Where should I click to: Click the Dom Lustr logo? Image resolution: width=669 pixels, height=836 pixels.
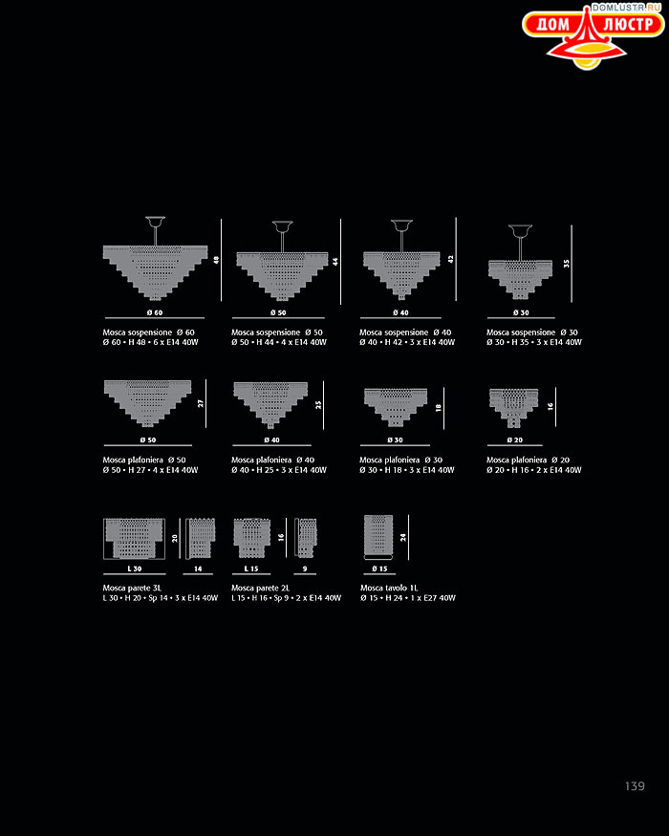pyautogui.click(x=593, y=36)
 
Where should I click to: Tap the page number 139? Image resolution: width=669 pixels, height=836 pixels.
pyautogui.click(x=635, y=786)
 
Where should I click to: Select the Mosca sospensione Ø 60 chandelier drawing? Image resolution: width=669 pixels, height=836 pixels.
pyautogui.click(x=155, y=258)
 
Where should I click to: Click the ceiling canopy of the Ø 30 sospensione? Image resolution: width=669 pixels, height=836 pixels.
pyautogui.click(x=520, y=231)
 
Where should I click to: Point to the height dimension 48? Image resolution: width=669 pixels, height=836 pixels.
pyautogui.click(x=216, y=260)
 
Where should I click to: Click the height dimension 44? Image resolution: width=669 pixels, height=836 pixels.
pyautogui.click(x=335, y=261)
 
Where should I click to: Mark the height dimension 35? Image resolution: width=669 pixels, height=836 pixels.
pyautogui.click(x=566, y=264)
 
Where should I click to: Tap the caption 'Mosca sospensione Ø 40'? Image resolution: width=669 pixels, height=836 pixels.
pyautogui.click(x=405, y=332)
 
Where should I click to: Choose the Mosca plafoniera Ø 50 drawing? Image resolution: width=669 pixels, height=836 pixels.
pyautogui.click(x=148, y=403)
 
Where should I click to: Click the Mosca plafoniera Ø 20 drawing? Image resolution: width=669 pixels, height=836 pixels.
pyautogui.click(x=514, y=408)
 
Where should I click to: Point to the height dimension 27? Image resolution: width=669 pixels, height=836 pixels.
pyautogui.click(x=201, y=403)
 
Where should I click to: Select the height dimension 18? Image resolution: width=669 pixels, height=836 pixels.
pyautogui.click(x=438, y=407)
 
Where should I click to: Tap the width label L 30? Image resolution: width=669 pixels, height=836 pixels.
pyautogui.click(x=135, y=568)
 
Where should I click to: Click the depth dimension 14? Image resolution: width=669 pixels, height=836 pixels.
pyautogui.click(x=198, y=568)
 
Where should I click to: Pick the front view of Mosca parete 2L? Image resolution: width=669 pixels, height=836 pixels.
pyautogui.click(x=251, y=538)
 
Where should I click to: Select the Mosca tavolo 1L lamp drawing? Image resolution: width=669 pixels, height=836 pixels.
pyautogui.click(x=378, y=537)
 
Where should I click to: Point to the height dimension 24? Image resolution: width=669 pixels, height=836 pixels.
pyautogui.click(x=402, y=537)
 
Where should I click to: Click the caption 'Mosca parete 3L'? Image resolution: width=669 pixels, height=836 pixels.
pyautogui.click(x=132, y=588)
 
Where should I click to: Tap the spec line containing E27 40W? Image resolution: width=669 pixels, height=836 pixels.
pyautogui.click(x=408, y=598)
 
